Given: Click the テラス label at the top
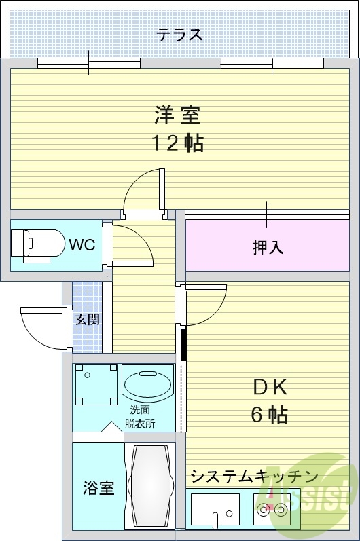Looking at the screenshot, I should (x=179, y=34).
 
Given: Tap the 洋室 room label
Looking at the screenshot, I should (x=177, y=116).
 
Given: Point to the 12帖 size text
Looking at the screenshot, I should (x=177, y=143).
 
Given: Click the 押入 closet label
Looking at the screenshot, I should (x=268, y=248).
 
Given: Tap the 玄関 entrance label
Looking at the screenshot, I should (x=88, y=318).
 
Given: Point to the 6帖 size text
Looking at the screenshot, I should (x=269, y=414).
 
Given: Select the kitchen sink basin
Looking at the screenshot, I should (x=214, y=506).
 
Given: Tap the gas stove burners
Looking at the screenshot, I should (x=272, y=506).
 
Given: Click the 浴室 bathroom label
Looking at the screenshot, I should (x=98, y=488).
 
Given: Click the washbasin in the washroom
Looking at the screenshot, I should (x=147, y=384).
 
